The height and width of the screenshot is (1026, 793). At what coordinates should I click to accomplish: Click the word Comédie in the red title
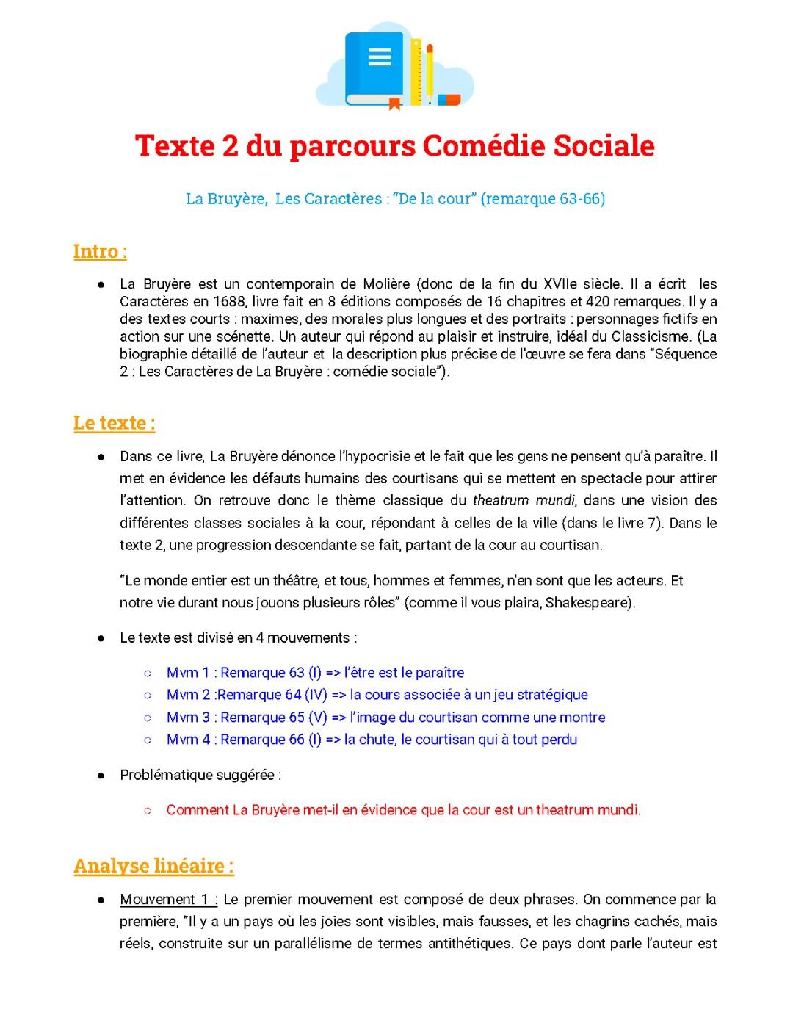[x=485, y=146]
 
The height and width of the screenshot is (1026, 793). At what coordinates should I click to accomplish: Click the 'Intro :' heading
[x=100, y=251]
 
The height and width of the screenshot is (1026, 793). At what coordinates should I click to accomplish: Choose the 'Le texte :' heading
[x=114, y=423]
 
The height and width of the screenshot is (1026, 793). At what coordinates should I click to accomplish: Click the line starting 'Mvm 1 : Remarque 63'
[x=315, y=673]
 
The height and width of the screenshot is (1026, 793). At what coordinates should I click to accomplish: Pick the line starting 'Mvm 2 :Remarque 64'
[x=377, y=695]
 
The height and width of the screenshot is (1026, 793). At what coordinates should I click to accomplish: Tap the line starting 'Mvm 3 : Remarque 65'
[x=385, y=717]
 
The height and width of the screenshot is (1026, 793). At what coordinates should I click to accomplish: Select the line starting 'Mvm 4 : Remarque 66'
[x=372, y=739]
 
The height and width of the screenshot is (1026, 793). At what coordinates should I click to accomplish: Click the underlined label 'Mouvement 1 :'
[x=168, y=900]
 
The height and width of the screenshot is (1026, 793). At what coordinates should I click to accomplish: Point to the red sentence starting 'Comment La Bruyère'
[x=403, y=810]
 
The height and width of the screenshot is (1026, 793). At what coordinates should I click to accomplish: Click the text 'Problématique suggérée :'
[x=200, y=775]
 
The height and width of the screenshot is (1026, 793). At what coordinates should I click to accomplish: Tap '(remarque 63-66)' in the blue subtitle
[x=543, y=199]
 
